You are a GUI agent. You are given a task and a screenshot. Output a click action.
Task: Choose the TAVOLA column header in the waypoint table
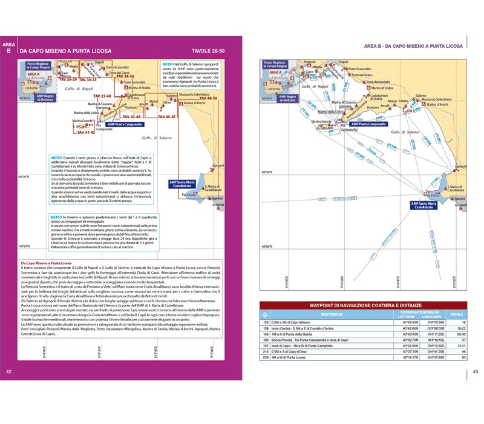(457, 315)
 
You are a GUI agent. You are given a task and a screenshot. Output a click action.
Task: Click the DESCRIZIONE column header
(332, 315)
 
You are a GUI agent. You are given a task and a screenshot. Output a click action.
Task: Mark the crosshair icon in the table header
(264, 315)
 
